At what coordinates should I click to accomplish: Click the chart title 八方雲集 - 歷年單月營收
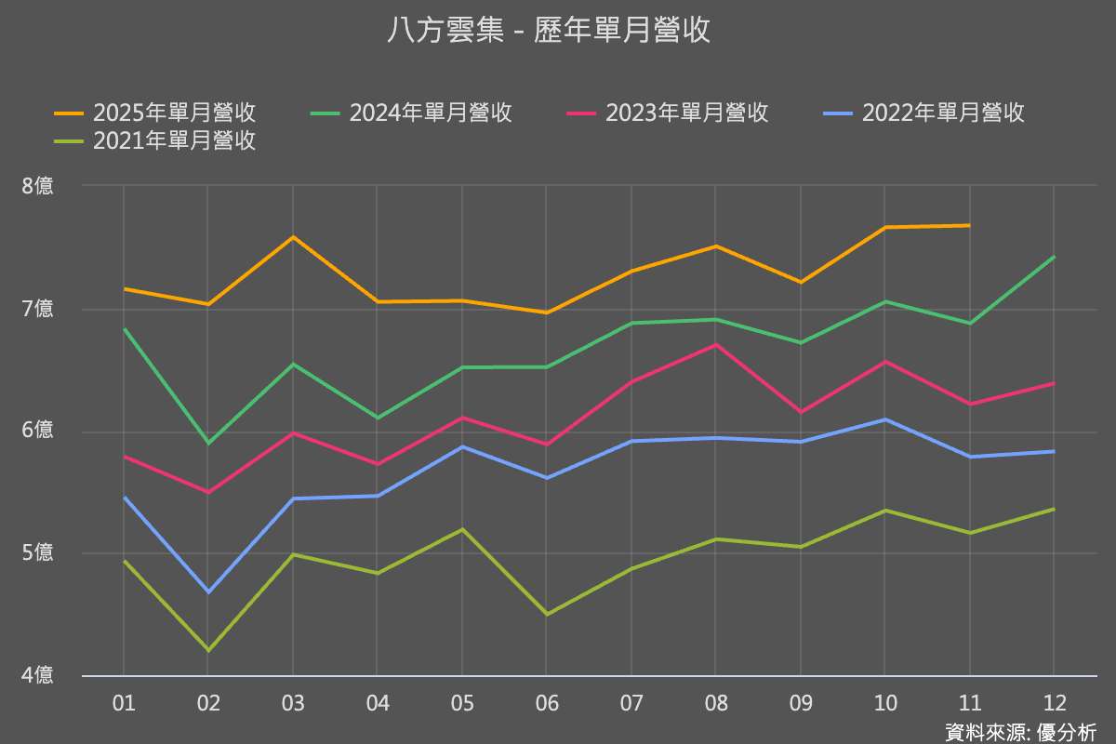[x=549, y=31]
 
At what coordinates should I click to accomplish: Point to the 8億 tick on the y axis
[x=38, y=186]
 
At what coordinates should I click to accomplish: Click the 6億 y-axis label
[x=38, y=431]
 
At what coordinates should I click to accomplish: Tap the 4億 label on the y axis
[x=38, y=676]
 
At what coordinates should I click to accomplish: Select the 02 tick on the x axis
[x=208, y=703]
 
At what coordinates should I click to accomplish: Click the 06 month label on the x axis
[x=547, y=703]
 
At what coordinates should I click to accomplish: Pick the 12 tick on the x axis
[x=1054, y=703]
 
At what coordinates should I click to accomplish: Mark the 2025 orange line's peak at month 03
[x=293, y=237]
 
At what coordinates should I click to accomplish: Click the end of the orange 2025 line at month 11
[x=969, y=225]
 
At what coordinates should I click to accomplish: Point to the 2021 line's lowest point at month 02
[x=208, y=650]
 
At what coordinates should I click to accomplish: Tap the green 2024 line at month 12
[x=1054, y=257]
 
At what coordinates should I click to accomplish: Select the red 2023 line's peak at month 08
[x=715, y=345]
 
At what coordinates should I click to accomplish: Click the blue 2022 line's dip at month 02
[x=208, y=591]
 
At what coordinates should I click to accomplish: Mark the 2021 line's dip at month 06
[x=546, y=614]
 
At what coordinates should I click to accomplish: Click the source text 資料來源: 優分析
[x=1020, y=732]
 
